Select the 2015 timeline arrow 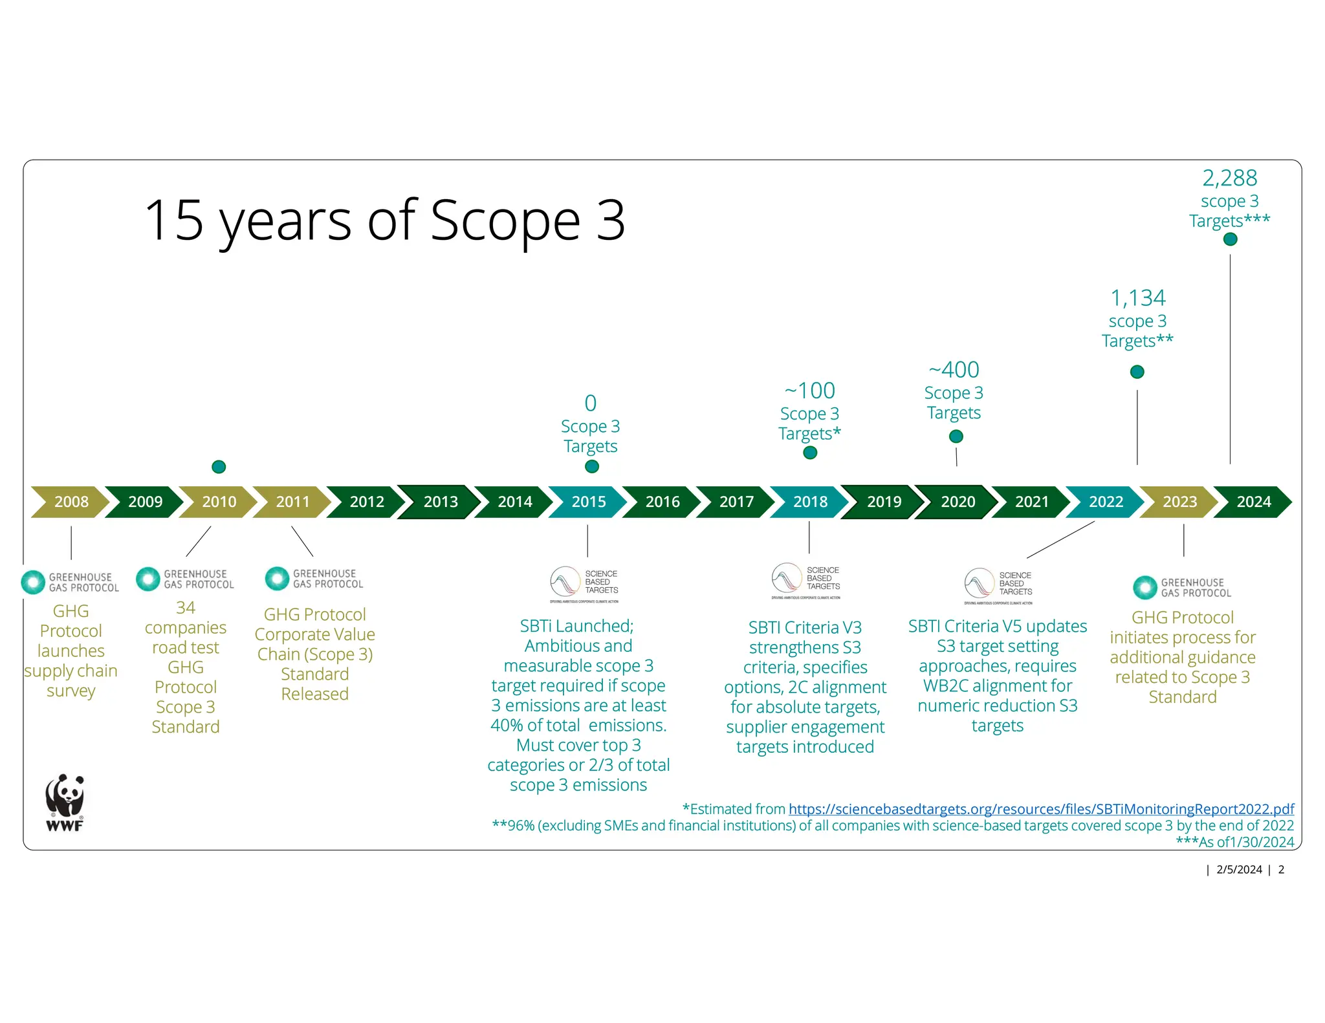point(588,502)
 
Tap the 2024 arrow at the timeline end point(1253,502)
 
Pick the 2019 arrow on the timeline point(884,502)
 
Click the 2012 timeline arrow point(367,502)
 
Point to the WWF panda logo point(65,802)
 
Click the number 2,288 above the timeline point(1229,178)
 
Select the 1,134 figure point(1137,298)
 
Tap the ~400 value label point(954,370)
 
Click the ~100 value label point(809,391)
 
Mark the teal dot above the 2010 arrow point(219,467)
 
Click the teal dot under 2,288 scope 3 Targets point(1230,239)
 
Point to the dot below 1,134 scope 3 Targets point(1137,372)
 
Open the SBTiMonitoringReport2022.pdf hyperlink point(1041,809)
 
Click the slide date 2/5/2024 point(1239,870)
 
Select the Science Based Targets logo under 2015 point(584,583)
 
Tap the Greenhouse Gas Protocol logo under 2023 point(1182,587)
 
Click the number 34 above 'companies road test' point(186,608)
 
